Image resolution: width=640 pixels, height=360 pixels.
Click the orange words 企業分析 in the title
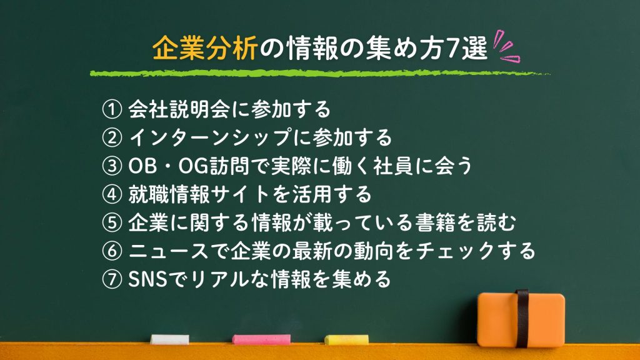click(x=204, y=49)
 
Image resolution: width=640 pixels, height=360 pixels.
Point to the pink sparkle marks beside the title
click(x=506, y=46)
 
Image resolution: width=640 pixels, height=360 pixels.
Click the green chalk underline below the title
click(x=319, y=74)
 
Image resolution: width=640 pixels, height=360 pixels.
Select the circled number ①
click(x=112, y=109)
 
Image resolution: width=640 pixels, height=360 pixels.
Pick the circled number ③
click(x=112, y=166)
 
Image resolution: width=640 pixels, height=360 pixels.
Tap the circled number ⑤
click(x=112, y=223)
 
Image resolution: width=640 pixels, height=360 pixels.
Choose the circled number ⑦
click(x=112, y=279)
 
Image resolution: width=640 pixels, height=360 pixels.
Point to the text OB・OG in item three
click(x=169, y=166)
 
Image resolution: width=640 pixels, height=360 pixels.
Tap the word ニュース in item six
click(x=169, y=251)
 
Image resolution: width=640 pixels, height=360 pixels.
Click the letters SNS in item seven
click(x=147, y=279)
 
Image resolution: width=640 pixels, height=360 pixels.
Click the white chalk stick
click(x=170, y=339)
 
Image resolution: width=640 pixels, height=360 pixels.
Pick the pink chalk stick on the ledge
click(x=262, y=339)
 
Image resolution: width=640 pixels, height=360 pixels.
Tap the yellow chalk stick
click(x=346, y=339)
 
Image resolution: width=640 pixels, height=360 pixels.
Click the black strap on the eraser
click(x=522, y=319)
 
